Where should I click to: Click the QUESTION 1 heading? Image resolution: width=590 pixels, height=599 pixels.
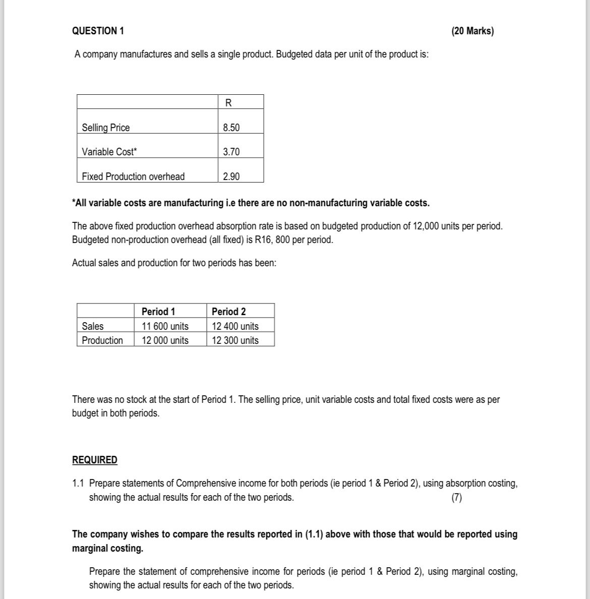point(98,31)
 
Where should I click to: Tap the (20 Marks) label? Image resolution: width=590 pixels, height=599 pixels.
point(473,31)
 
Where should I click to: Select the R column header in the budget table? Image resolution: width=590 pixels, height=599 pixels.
point(228,103)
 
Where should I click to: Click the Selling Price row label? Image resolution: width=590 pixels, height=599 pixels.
point(106,128)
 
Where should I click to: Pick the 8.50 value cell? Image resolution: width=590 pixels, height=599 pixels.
point(231,128)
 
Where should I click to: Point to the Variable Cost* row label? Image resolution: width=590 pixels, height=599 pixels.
point(109,152)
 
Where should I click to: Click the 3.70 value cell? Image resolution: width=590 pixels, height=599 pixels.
point(231,152)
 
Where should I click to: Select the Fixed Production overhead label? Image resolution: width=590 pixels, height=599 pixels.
point(133,176)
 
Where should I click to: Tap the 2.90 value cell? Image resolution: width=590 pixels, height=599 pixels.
point(231,176)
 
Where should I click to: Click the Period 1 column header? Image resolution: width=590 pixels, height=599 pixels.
point(158,312)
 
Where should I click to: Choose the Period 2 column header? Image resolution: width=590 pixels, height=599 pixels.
point(229,312)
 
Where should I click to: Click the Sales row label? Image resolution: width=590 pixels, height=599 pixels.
point(93,326)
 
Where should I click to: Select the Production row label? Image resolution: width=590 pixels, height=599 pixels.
point(102,340)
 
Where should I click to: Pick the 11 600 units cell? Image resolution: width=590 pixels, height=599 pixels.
point(165,326)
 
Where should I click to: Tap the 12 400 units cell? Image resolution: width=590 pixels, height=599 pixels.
point(235,326)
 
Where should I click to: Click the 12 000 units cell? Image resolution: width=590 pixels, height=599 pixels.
point(165,340)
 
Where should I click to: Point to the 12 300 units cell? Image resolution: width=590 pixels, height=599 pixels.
point(235,340)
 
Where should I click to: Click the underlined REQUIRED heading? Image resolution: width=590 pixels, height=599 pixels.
point(95,460)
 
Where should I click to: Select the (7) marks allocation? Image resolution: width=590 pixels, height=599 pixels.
point(456,498)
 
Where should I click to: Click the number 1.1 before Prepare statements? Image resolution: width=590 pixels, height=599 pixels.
point(78,484)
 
